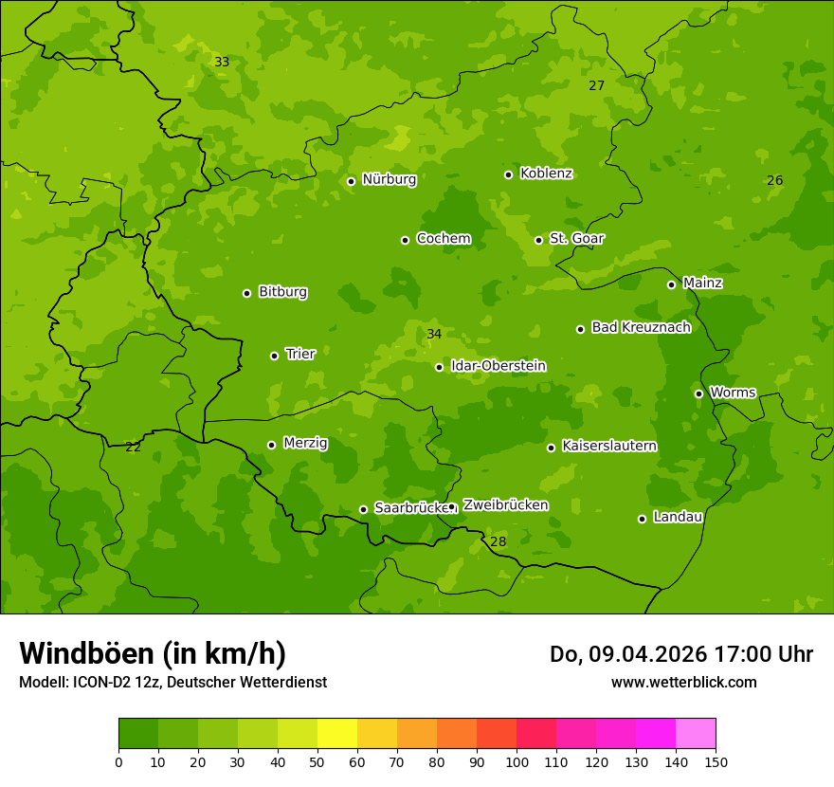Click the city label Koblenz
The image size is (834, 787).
(546, 174)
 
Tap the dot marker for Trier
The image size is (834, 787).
(274, 356)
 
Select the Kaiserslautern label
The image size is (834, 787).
(608, 446)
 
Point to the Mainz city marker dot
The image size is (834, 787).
(671, 284)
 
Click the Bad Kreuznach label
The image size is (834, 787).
(641, 327)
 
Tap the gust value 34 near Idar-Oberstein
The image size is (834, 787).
(434, 334)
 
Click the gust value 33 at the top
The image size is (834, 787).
(222, 62)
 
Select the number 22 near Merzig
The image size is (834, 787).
(134, 447)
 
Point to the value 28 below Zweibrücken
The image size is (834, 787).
(499, 541)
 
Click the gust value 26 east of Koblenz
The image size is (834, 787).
(774, 180)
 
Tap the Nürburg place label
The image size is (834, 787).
(389, 179)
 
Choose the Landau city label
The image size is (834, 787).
(678, 517)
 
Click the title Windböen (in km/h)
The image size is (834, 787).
(153, 653)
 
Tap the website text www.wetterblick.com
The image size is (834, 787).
(683, 682)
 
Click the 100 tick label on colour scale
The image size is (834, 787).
(517, 761)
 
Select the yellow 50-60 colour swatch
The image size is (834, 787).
(337, 734)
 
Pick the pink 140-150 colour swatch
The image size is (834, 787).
(696, 734)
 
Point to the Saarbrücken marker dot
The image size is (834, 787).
(363, 509)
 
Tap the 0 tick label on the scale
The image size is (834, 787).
(118, 761)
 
